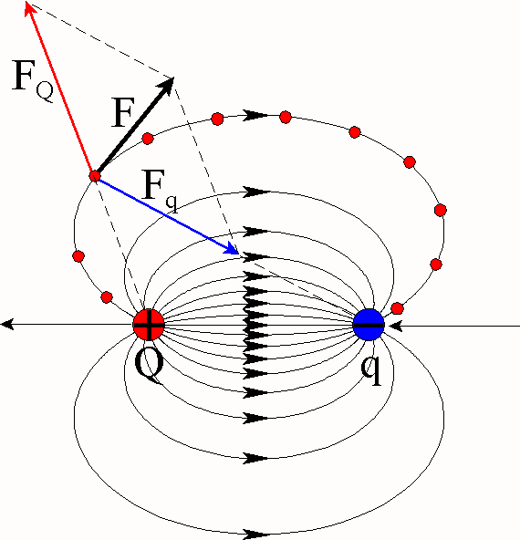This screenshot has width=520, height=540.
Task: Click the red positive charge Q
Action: (x=149, y=325)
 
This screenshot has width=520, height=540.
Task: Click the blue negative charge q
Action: (x=369, y=325)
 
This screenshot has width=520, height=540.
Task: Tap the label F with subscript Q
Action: (x=33, y=80)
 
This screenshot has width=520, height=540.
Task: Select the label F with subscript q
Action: (x=160, y=192)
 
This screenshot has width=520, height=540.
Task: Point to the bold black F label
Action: (x=122, y=112)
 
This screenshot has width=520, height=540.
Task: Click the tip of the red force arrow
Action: (x=26, y=3)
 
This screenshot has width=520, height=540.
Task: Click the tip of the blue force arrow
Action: (x=238, y=254)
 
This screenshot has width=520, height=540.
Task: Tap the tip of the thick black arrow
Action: (x=173, y=78)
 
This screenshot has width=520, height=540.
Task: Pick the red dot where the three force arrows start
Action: (x=95, y=176)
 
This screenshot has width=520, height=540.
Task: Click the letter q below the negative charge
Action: (x=371, y=369)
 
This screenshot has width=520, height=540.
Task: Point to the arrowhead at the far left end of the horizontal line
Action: (x=7, y=325)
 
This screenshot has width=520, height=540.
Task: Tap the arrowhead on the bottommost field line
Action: (x=255, y=535)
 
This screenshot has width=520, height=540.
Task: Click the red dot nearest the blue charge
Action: (x=398, y=308)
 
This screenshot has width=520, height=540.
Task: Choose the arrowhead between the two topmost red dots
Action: (x=255, y=115)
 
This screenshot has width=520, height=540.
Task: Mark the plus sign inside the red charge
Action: (x=149, y=325)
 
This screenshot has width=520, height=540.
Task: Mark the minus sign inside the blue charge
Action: (x=369, y=325)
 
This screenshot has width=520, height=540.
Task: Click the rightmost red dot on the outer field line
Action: (x=441, y=210)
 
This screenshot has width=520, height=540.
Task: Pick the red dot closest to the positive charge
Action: (x=107, y=297)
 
